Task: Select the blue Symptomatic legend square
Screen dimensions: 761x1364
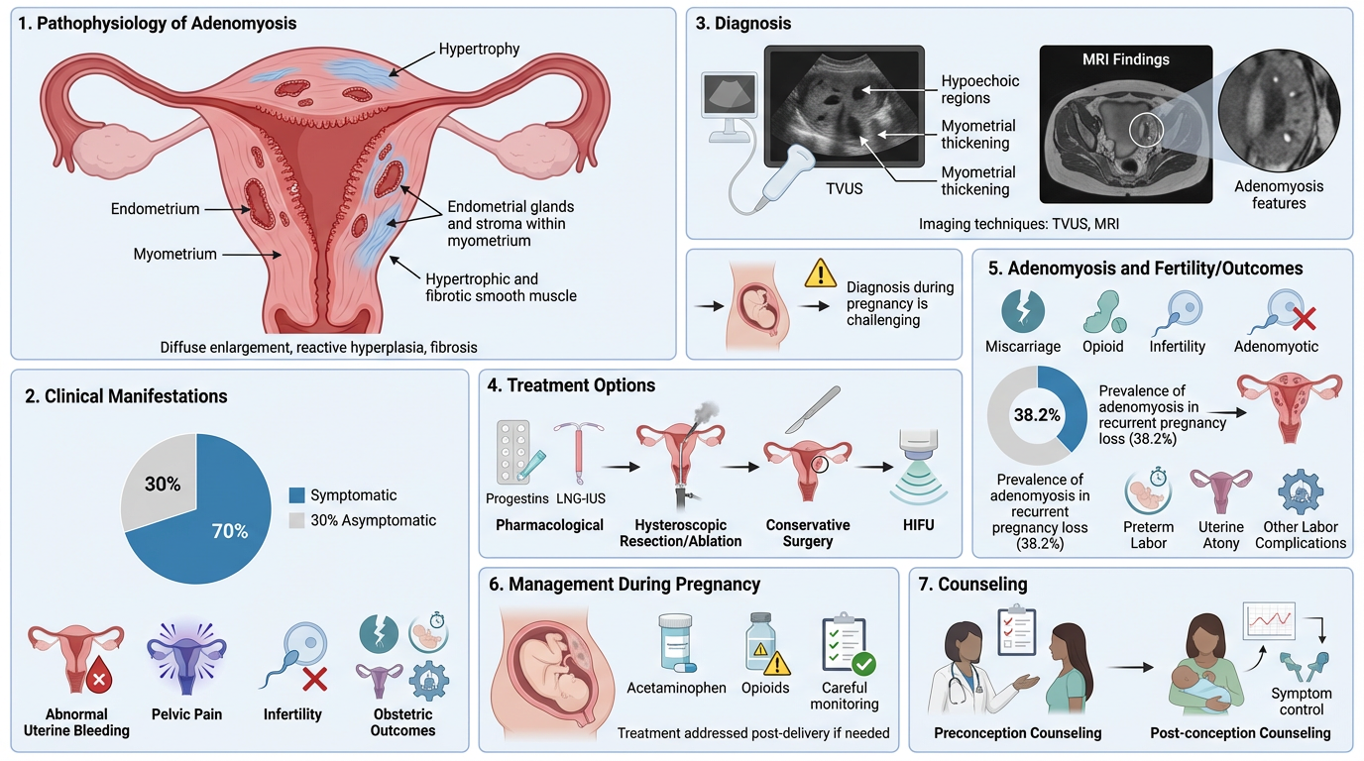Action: click(x=296, y=495)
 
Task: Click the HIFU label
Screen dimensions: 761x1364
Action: click(x=917, y=525)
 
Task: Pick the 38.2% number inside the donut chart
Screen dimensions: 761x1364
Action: click(x=1036, y=415)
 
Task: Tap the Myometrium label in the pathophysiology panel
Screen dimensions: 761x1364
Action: click(x=174, y=255)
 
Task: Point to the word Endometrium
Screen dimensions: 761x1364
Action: click(x=155, y=209)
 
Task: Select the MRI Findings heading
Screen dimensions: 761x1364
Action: click(x=1125, y=59)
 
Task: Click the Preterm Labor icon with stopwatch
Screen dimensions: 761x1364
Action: click(x=1149, y=490)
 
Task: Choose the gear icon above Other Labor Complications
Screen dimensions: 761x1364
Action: click(x=1300, y=490)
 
